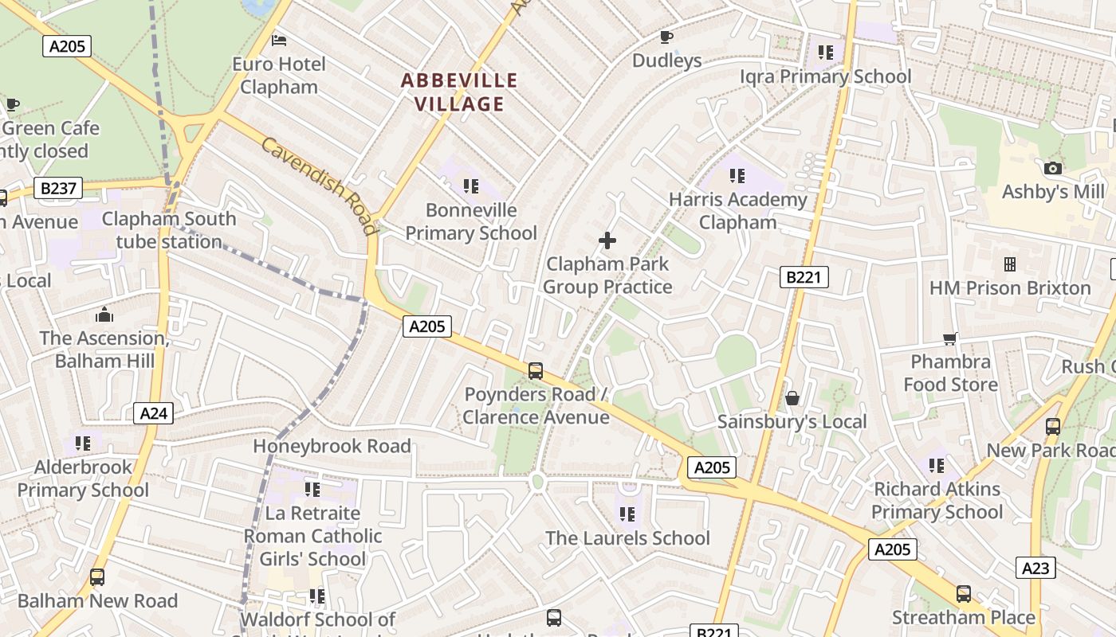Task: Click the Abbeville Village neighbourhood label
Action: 459,92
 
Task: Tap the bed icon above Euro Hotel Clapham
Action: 279,40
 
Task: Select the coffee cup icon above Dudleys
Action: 666,37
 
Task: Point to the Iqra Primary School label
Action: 826,76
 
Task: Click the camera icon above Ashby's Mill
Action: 1053,168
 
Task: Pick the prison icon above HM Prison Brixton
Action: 1010,264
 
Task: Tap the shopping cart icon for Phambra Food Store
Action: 950,338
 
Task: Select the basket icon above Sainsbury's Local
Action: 792,397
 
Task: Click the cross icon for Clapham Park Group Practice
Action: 607,240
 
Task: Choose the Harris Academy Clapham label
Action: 737,211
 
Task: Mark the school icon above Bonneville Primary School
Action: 471,186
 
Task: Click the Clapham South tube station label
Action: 169,230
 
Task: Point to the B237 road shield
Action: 59,189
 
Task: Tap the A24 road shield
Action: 154,413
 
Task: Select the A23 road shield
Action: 1035,568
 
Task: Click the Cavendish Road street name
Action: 318,186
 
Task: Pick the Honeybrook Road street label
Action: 332,446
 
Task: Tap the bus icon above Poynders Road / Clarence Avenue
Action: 536,370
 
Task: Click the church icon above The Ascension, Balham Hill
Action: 104,315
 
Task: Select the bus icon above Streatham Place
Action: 964,593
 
